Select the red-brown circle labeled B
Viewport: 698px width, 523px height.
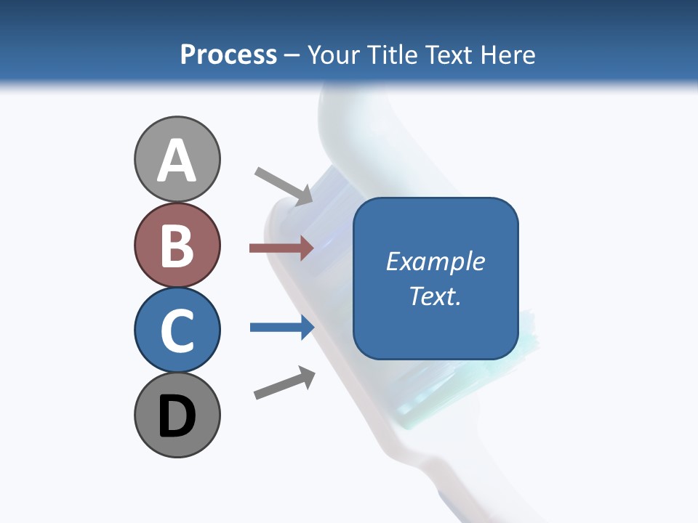pyautogui.click(x=177, y=246)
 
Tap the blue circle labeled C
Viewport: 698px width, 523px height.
pyautogui.click(x=177, y=329)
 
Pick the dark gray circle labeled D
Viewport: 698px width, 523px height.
pyautogui.click(x=177, y=415)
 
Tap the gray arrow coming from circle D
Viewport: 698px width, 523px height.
pyautogui.click(x=284, y=383)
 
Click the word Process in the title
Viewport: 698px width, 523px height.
pyautogui.click(x=228, y=54)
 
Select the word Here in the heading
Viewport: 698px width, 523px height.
pyautogui.click(x=508, y=54)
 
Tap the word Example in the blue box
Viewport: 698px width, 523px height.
pyautogui.click(x=435, y=261)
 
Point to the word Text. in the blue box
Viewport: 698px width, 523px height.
pyautogui.click(x=435, y=296)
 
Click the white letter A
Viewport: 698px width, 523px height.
pyautogui.click(x=177, y=161)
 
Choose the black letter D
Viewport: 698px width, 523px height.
pyautogui.click(x=177, y=417)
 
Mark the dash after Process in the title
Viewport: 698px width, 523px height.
pyautogui.click(x=292, y=56)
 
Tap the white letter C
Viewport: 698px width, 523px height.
pyautogui.click(x=177, y=331)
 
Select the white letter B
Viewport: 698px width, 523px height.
pyautogui.click(x=177, y=246)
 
